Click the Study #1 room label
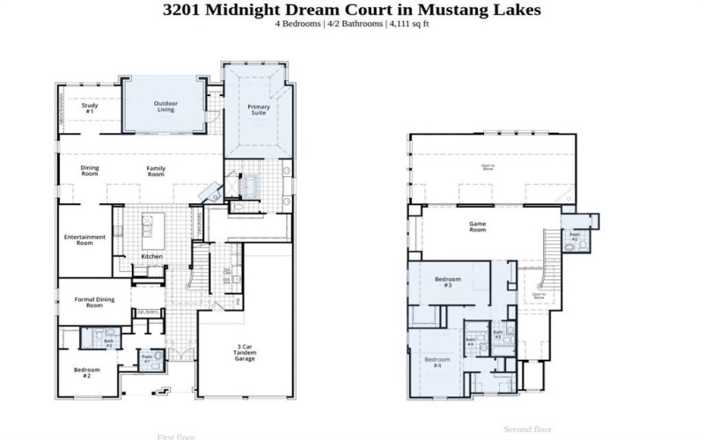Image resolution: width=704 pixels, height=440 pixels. (x=90, y=108)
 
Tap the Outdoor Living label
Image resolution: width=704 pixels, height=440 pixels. (x=165, y=106)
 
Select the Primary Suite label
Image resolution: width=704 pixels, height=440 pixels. (x=259, y=110)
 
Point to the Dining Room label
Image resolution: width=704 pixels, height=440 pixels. (x=90, y=171)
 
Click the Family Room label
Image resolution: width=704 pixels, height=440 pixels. (x=156, y=171)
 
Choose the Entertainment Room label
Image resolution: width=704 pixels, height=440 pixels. (x=84, y=238)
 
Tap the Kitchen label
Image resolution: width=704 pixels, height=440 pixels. (x=151, y=256)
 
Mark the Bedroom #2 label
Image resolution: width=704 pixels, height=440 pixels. (x=87, y=371)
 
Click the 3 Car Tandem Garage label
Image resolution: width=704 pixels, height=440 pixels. (x=245, y=352)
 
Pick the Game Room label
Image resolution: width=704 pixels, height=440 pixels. (x=477, y=226)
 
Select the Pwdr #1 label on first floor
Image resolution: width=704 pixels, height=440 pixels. (x=148, y=360)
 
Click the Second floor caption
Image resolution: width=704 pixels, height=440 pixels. (x=527, y=429)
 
